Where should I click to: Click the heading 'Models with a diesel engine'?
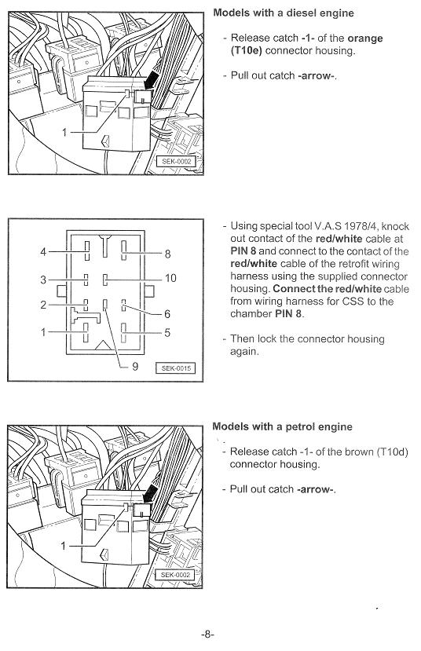284,13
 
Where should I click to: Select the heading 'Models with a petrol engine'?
282,427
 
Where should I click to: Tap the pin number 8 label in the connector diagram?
167,254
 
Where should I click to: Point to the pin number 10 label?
170,278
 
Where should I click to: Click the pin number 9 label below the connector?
135,366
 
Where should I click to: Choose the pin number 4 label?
43,251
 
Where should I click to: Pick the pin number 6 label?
167,314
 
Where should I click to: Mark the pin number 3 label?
43,280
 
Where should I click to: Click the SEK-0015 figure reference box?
175,368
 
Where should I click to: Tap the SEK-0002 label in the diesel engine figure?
176,162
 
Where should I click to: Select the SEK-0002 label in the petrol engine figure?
175,575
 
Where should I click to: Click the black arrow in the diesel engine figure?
151,79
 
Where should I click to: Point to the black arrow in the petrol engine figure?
149,493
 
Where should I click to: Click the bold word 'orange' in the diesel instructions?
365,38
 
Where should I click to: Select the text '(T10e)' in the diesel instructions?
246,51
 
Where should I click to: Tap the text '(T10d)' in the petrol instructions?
393,452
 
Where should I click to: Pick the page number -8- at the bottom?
207,634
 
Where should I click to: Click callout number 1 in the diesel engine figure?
64,133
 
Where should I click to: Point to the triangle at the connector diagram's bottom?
103,346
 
